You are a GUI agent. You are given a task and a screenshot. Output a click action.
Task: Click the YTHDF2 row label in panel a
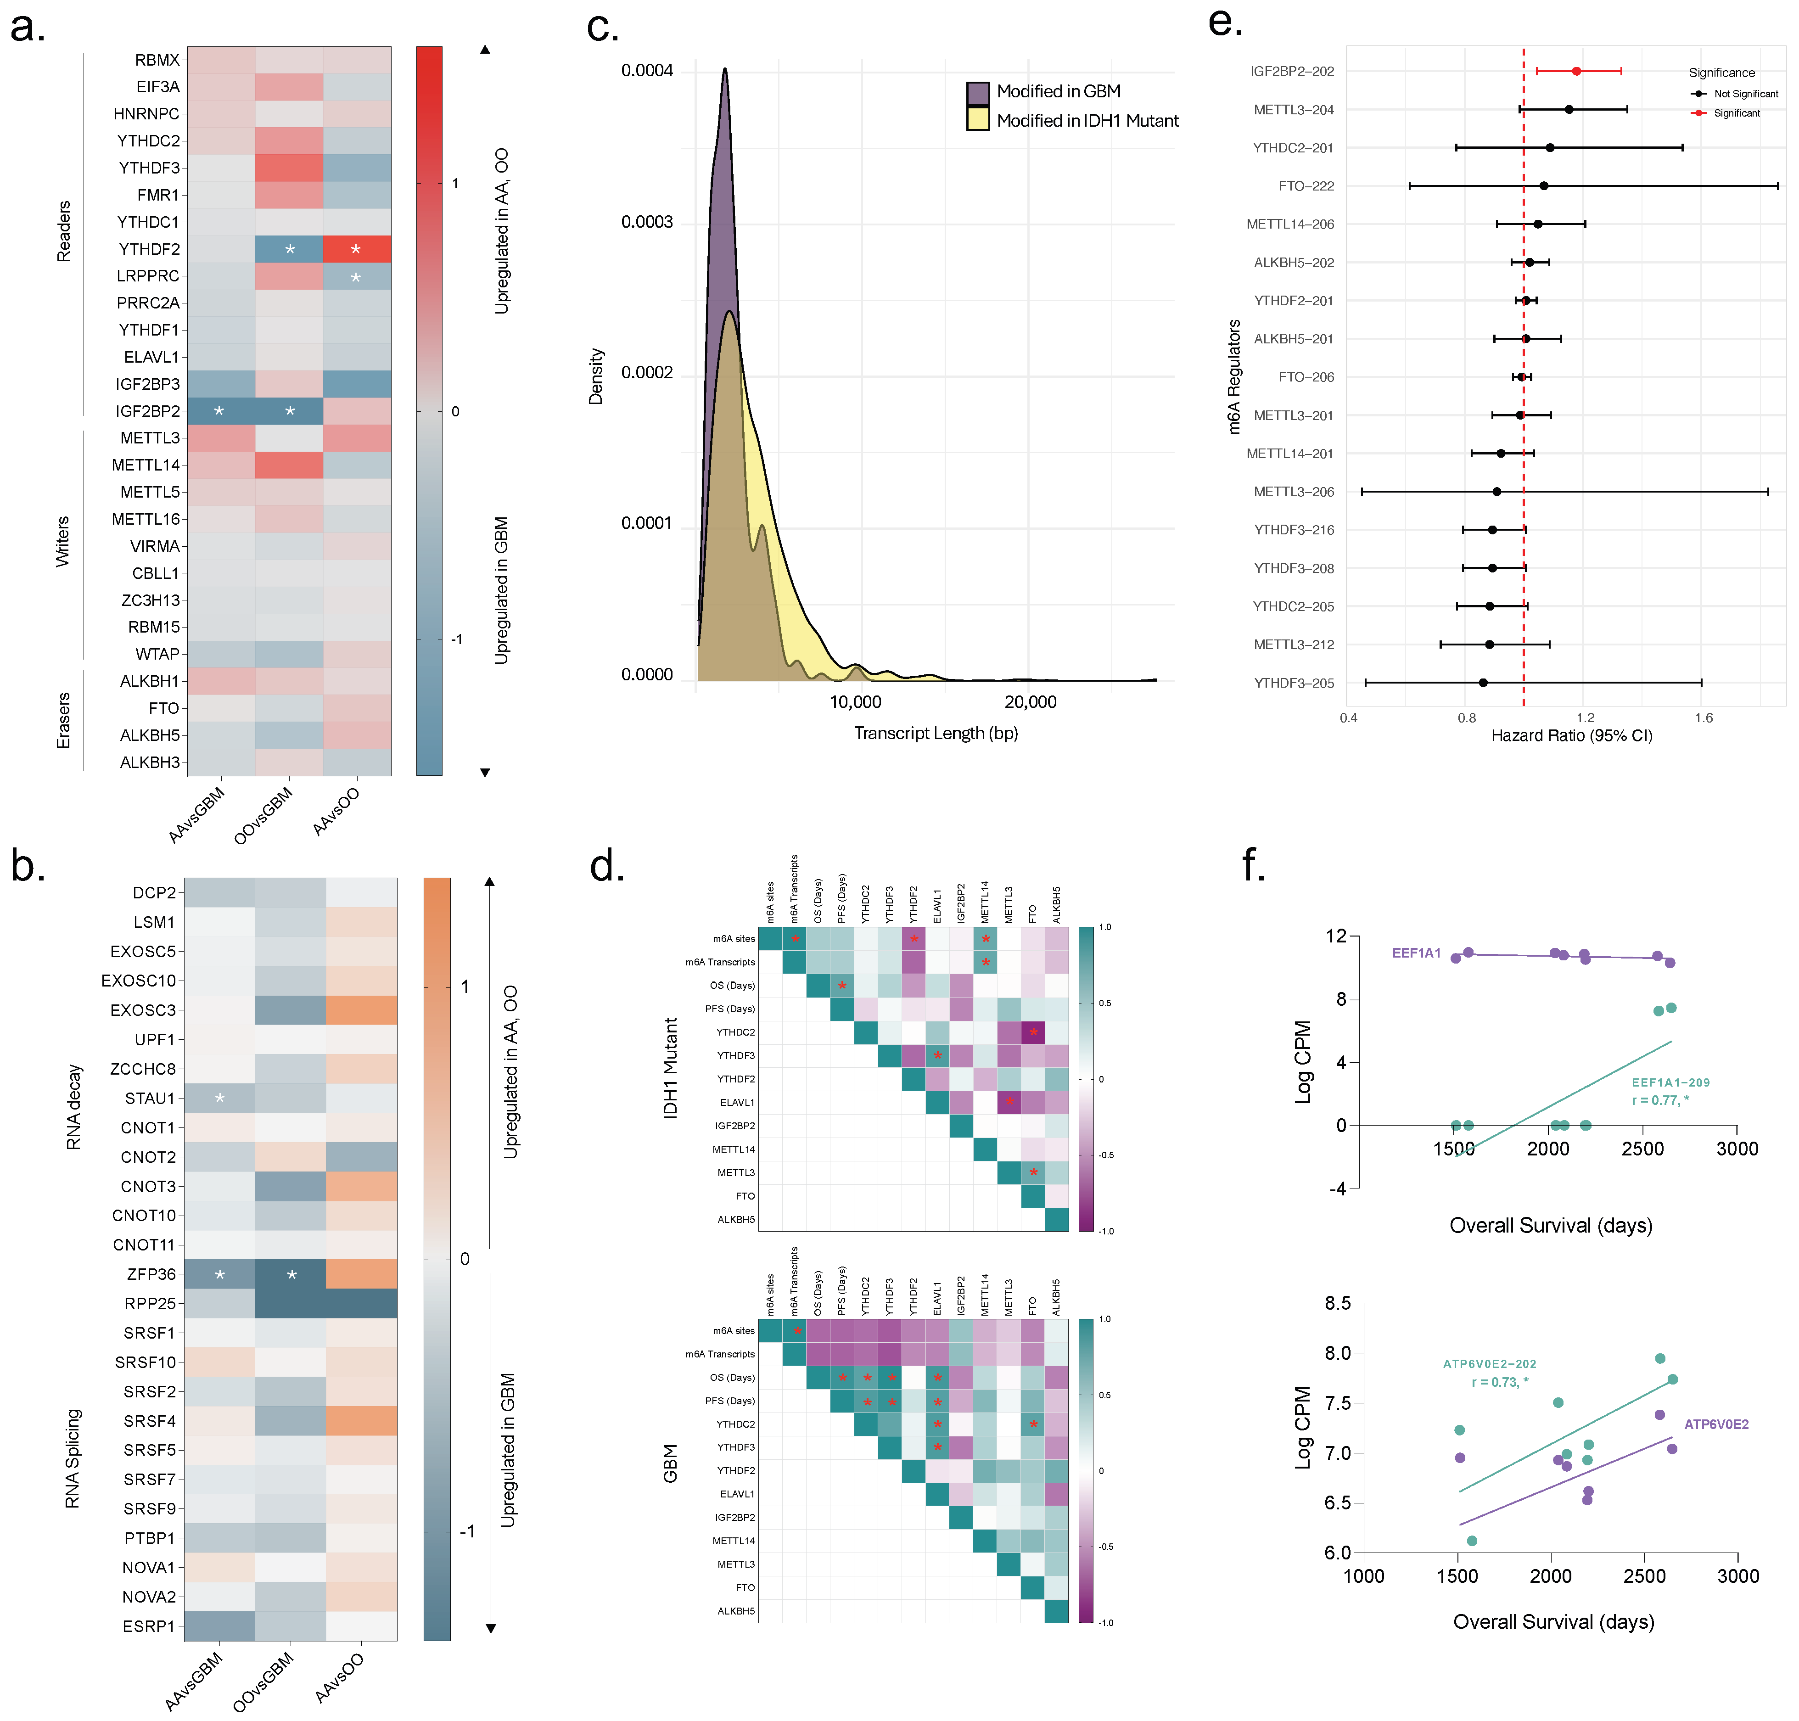coord(149,249)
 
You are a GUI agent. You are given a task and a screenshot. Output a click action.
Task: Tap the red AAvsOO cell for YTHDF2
coord(357,249)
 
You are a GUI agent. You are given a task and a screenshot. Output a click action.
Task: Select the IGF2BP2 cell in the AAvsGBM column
coord(221,411)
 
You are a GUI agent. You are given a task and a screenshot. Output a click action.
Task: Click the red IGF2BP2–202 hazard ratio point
coord(1576,71)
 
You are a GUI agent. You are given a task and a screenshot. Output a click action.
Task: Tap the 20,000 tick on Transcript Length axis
coord(1030,702)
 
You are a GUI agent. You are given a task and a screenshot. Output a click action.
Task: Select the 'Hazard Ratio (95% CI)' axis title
coord(1571,736)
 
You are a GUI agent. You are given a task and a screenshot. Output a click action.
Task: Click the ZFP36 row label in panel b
coord(151,1274)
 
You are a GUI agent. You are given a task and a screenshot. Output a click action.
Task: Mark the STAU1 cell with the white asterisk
coord(219,1098)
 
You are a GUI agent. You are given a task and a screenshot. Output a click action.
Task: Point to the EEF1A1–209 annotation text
coord(1670,1082)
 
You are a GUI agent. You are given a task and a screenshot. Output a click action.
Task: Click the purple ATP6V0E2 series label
coord(1716,1425)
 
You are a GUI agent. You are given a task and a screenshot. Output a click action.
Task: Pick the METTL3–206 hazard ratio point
coord(1496,492)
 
